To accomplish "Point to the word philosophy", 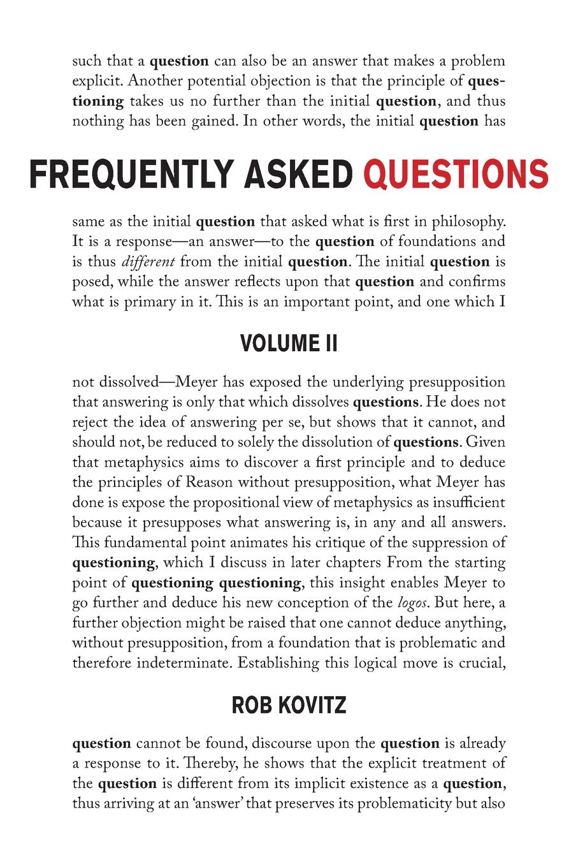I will (x=470, y=222).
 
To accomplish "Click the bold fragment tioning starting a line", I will (x=98, y=102).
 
